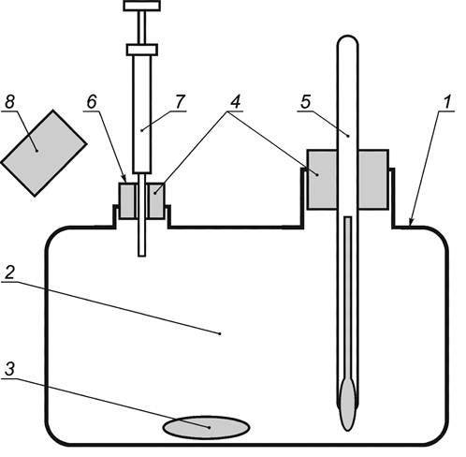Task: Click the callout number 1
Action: click(x=447, y=102)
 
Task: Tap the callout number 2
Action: click(x=9, y=273)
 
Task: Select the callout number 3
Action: click(x=9, y=369)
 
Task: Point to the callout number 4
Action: click(x=235, y=102)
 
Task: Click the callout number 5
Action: click(x=306, y=102)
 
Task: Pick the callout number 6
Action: click(x=92, y=102)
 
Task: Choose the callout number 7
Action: click(x=180, y=102)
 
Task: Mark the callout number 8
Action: click(x=9, y=102)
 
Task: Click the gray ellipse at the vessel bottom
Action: click(x=206, y=427)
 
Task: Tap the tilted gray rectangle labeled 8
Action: click(x=44, y=153)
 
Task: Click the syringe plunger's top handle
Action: click(x=142, y=6)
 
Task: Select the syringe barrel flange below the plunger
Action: click(x=142, y=50)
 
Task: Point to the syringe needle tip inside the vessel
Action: click(x=142, y=256)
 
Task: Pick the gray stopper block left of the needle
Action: click(x=127, y=200)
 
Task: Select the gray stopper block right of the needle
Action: click(x=156, y=200)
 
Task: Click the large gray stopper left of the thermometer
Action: click(x=322, y=180)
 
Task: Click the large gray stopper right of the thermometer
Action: click(x=373, y=180)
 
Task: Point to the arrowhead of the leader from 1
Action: click(x=410, y=225)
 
